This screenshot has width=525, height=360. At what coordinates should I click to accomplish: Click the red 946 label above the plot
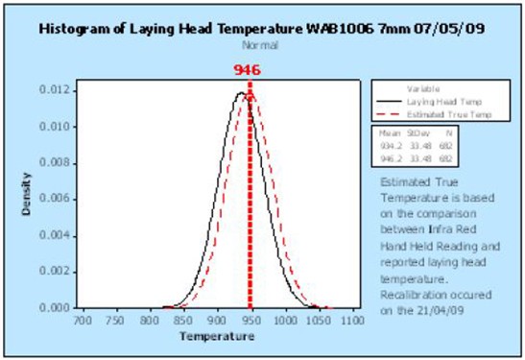pos(248,70)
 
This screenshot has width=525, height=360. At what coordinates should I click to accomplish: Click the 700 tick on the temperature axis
pos(83,319)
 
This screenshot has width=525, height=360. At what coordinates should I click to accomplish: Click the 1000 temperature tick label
pos(284,319)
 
